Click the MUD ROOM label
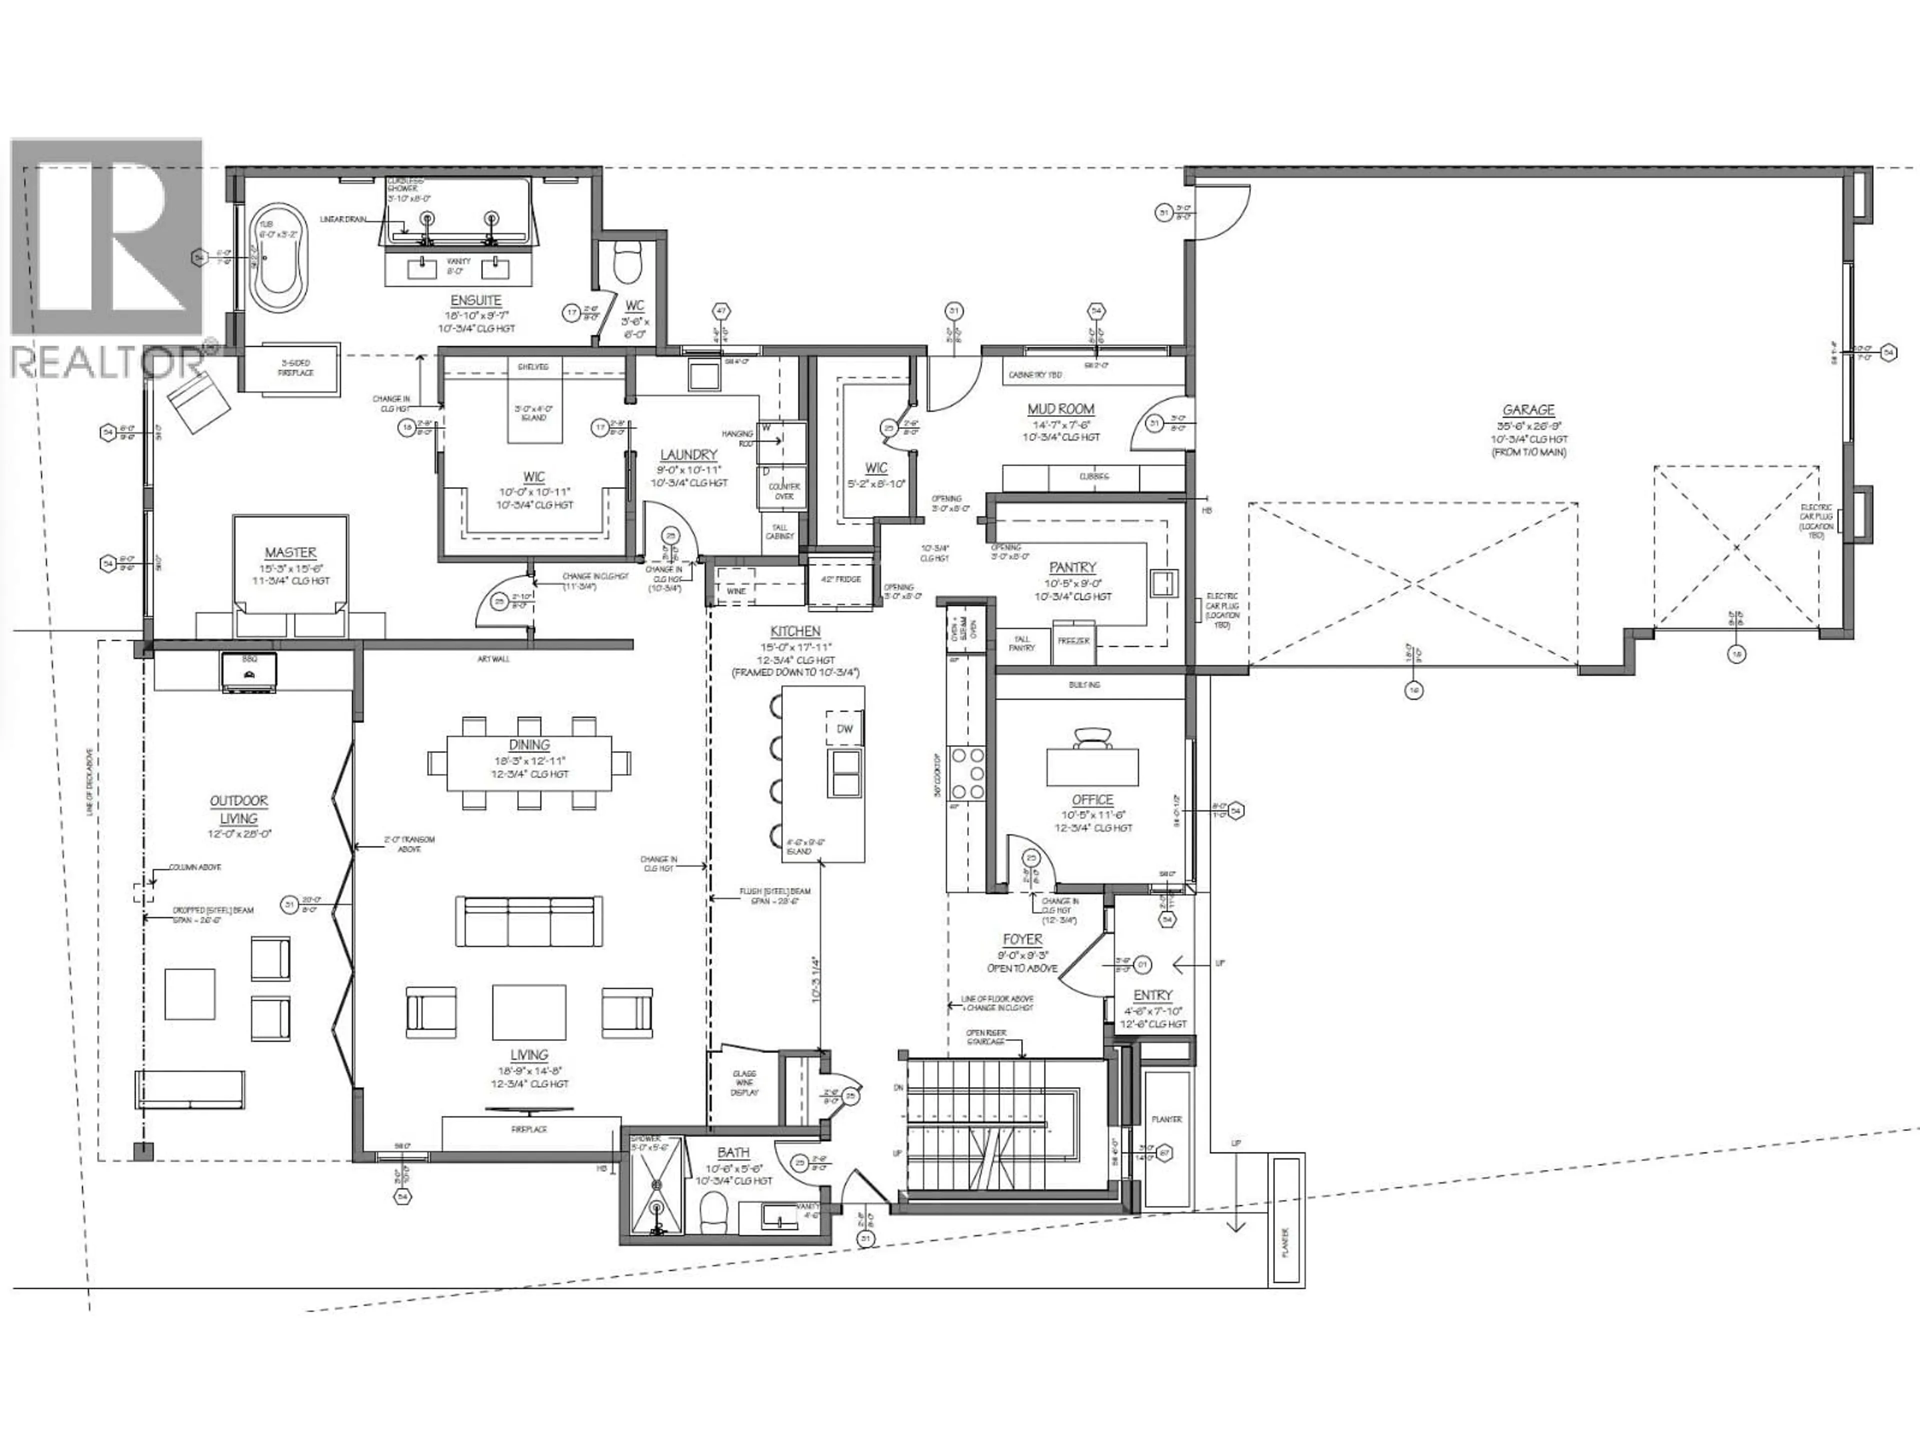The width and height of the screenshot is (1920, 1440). tap(1060, 409)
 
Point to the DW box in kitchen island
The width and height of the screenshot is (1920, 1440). tap(844, 729)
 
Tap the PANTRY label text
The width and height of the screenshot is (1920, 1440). tap(1073, 567)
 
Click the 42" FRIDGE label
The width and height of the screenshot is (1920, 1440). tap(839, 579)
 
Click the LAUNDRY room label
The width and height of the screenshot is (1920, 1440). tap(689, 455)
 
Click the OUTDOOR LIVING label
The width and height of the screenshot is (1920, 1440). tap(238, 809)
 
